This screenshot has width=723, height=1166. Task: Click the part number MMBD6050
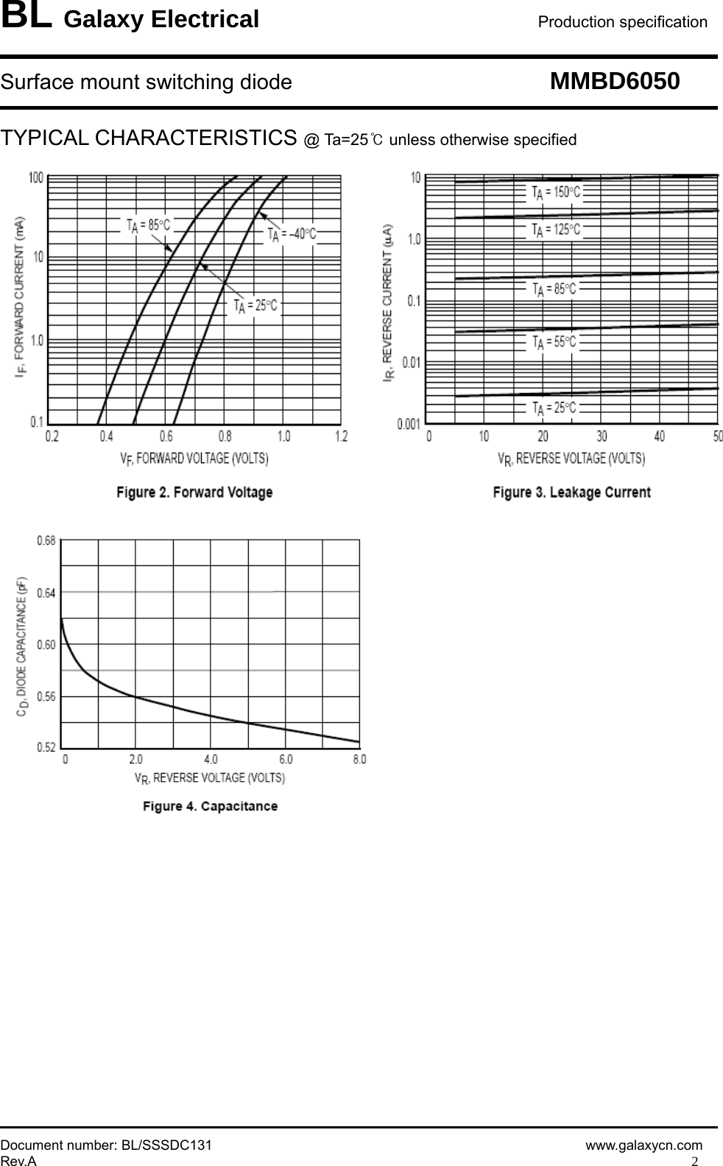click(615, 81)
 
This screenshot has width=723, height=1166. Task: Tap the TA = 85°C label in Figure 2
click(148, 225)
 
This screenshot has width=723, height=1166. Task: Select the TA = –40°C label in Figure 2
click(292, 234)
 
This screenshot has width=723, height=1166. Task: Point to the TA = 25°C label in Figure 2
click(255, 305)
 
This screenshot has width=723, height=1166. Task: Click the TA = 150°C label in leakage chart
click(556, 192)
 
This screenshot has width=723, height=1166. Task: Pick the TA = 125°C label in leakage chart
click(556, 230)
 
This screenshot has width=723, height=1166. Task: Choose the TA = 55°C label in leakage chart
click(554, 342)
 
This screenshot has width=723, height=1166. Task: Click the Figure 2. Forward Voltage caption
click(194, 492)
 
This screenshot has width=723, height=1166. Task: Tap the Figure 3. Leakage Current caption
click(571, 492)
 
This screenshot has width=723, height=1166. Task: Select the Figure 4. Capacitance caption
click(210, 806)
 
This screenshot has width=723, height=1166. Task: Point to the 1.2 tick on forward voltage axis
click(341, 437)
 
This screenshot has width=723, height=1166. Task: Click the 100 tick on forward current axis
click(36, 177)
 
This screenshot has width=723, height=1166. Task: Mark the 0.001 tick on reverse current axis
click(409, 425)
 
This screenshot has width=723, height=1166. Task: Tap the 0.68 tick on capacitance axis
click(46, 540)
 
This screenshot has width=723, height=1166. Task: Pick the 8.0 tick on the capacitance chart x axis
click(359, 759)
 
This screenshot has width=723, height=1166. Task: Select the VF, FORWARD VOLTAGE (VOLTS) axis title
click(194, 458)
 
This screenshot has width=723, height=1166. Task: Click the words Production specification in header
click(622, 22)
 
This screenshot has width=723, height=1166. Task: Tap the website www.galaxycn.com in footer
click(643, 1145)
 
